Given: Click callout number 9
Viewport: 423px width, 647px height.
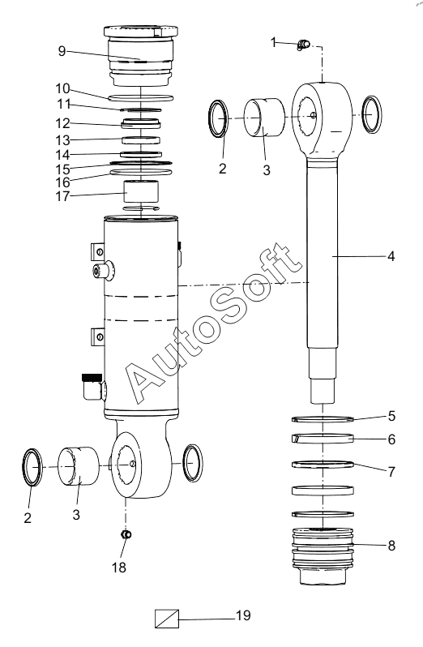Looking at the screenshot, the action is click(62, 51).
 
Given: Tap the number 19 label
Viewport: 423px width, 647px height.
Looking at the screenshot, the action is click(243, 615).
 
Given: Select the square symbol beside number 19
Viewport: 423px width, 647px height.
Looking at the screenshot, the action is click(167, 619).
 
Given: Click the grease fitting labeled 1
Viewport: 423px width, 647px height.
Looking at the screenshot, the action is click(303, 44).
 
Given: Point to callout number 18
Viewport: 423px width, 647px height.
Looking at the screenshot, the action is click(119, 568).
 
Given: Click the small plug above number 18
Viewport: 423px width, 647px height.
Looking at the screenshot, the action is click(126, 535).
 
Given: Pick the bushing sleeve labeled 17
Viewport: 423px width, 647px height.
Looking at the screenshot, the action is click(142, 192).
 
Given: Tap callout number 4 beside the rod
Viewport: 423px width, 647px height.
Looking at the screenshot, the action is click(391, 256).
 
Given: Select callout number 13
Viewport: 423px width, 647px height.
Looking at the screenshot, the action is click(62, 140).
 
